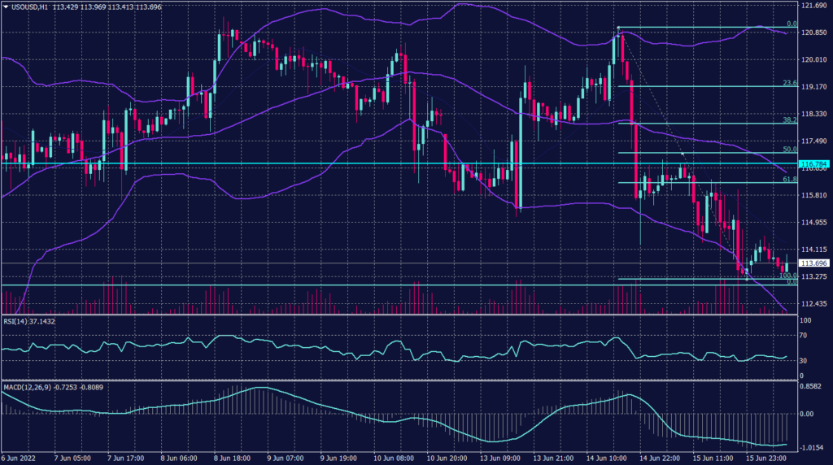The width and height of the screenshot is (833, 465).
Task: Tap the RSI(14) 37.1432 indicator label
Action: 29,321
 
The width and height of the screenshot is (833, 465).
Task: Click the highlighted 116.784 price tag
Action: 813,164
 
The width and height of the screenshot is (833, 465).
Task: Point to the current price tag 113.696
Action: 813,263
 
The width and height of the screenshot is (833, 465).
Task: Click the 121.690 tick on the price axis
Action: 813,7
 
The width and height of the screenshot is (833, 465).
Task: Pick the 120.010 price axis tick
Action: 813,60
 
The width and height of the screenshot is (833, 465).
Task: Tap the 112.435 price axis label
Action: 813,304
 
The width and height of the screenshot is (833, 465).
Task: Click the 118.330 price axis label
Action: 813,115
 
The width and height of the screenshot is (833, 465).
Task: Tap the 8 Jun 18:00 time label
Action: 231,458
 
